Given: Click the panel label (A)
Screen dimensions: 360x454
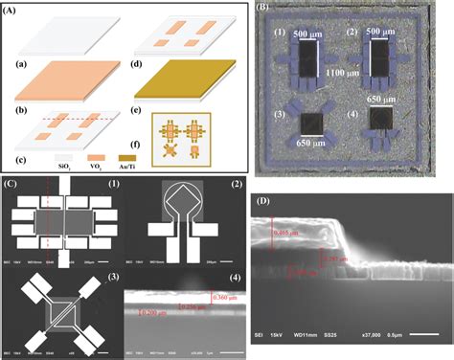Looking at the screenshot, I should (14, 8).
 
